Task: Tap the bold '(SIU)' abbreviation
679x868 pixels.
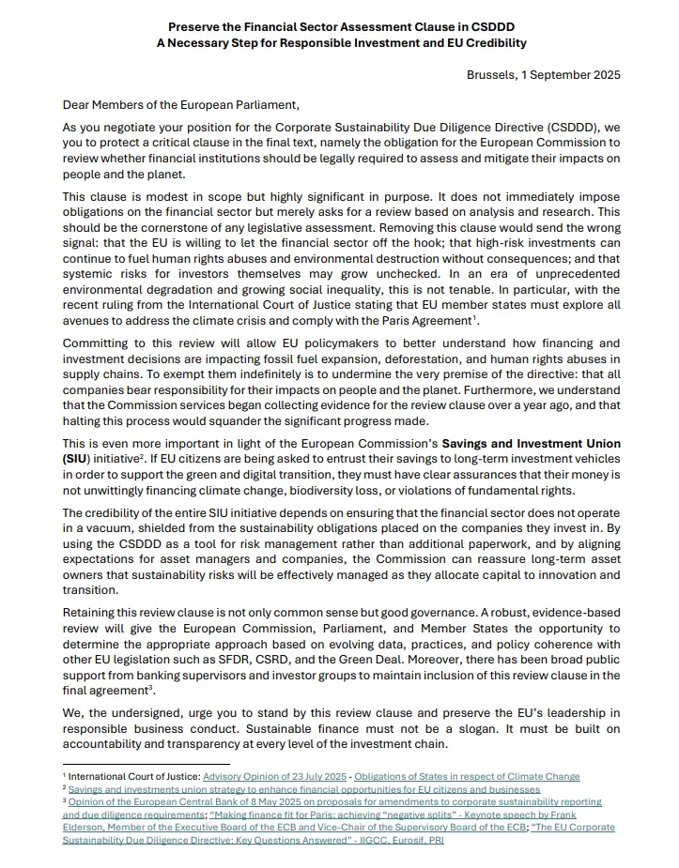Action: click(79, 458)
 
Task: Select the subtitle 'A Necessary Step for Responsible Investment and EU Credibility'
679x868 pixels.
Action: click(339, 43)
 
